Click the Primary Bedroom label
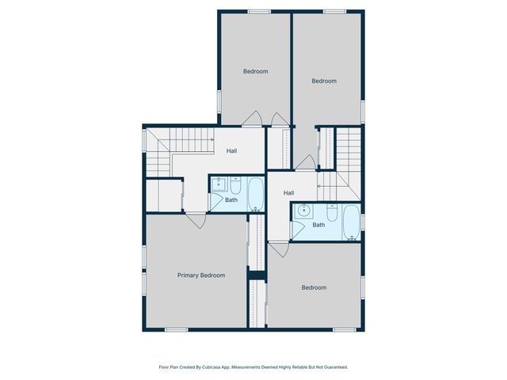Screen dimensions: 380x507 tap(200, 275)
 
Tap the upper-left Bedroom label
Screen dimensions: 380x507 tap(255, 71)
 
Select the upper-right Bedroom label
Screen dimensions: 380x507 tap(324, 81)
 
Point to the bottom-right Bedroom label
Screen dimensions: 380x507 tap(314, 287)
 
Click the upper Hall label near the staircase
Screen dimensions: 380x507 tap(231, 151)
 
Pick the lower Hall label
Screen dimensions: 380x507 tap(289, 193)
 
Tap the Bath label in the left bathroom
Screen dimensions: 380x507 tap(231, 199)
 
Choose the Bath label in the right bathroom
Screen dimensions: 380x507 tap(318, 225)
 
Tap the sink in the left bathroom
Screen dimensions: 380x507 tap(219, 185)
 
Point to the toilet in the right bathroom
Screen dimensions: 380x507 tap(331, 211)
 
